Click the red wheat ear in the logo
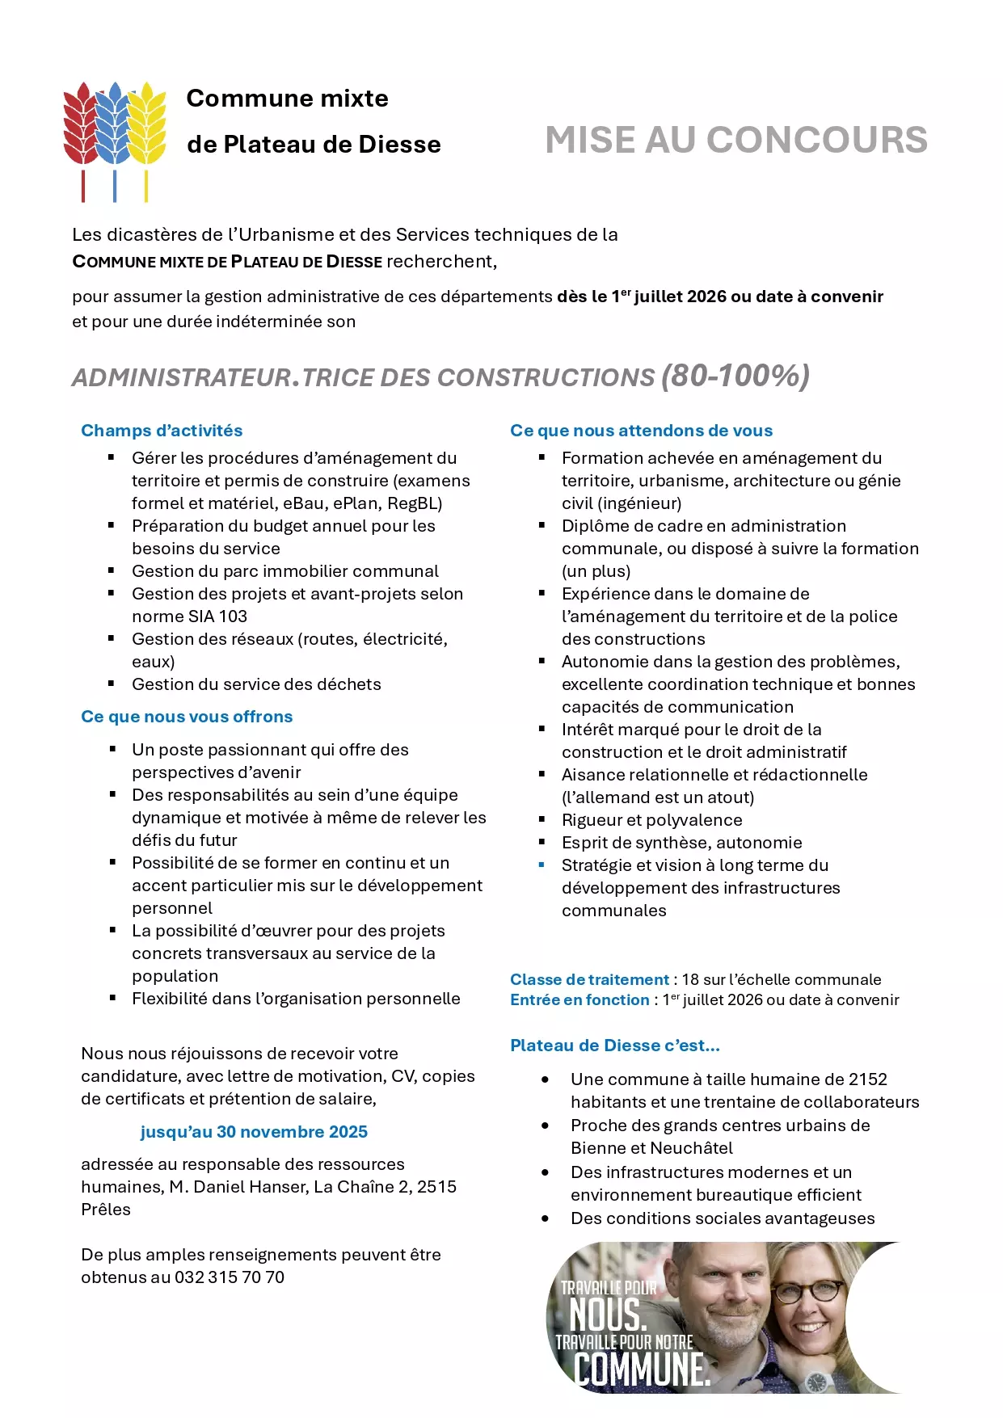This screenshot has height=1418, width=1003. click(82, 125)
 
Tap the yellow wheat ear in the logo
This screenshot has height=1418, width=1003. click(147, 125)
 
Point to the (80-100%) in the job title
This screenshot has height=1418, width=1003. click(735, 376)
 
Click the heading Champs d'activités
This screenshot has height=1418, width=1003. click(162, 431)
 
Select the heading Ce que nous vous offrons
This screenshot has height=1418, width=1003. click(187, 717)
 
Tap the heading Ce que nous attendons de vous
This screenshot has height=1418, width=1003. click(641, 431)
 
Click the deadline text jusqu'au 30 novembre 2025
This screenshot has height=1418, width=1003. click(254, 1132)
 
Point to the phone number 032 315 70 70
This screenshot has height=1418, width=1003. click(230, 1277)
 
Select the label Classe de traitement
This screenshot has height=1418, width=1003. click(589, 979)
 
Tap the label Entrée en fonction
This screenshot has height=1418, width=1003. click(579, 999)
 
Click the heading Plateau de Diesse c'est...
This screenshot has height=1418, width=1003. click(614, 1046)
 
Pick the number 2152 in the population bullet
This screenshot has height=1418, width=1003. click(867, 1079)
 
